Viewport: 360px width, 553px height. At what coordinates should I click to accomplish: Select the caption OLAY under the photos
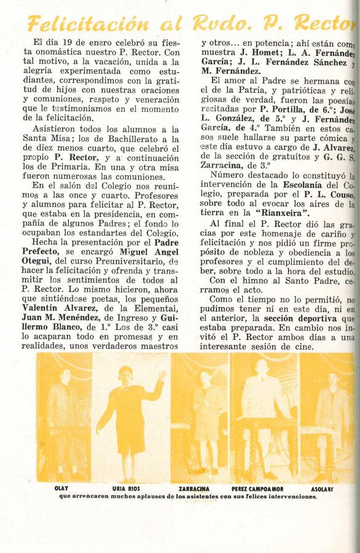click(61, 488)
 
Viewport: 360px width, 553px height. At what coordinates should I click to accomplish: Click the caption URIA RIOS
click(127, 488)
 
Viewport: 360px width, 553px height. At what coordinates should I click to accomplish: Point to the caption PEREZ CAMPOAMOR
click(257, 488)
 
